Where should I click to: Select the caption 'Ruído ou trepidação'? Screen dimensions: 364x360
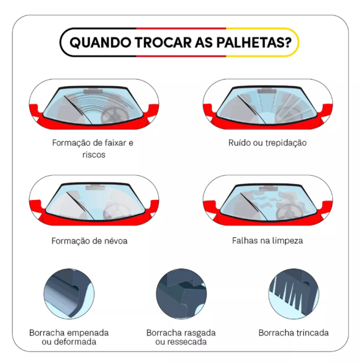267,143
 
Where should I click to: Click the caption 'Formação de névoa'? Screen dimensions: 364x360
89,240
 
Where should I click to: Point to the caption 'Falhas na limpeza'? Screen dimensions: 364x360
267,240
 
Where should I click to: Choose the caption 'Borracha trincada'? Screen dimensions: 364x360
294,332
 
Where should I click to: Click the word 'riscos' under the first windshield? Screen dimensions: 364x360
93,155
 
